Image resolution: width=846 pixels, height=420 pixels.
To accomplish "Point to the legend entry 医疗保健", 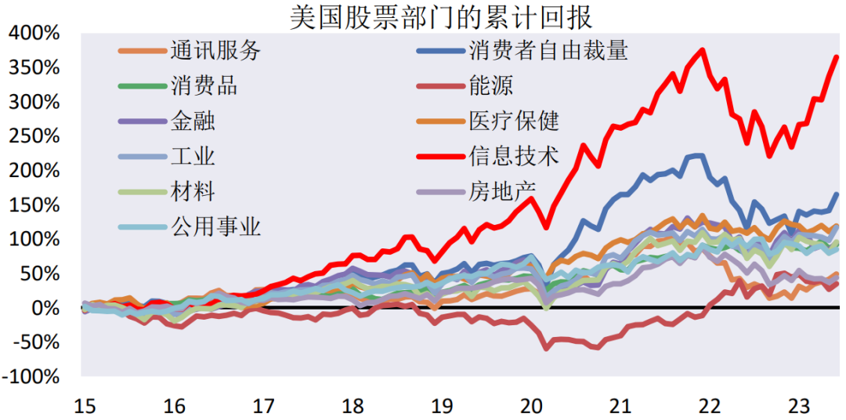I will [514, 121].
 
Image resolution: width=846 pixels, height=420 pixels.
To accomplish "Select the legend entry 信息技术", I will [514, 156].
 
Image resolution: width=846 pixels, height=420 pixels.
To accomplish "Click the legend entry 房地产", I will [502, 190].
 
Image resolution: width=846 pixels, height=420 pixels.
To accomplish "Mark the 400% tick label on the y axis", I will [35, 34].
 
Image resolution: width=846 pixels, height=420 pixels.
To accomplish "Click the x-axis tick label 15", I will [84, 406].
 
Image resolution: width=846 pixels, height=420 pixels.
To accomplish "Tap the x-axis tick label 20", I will [532, 406].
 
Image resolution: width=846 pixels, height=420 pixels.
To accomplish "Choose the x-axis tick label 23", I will [798, 406].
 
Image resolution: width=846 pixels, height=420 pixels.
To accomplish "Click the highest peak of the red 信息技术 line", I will [702, 50].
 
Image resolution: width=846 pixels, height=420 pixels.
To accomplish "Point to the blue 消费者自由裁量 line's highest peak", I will [700, 155].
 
